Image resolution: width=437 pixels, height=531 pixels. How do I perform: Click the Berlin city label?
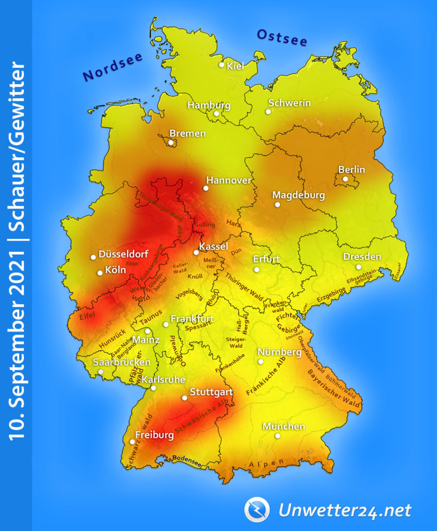pos(352,169)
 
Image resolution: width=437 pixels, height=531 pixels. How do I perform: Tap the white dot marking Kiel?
pos(222,65)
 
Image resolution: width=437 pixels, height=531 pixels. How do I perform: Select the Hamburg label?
pos(209,105)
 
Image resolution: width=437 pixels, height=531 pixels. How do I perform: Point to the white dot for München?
pos(278,436)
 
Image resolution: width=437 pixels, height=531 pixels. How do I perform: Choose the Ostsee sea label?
pos(282,38)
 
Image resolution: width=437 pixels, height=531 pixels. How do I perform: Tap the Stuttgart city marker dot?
pos(184,398)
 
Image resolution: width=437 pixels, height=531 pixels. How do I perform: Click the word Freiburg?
pos(154,435)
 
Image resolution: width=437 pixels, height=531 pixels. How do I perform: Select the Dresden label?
pos(362,257)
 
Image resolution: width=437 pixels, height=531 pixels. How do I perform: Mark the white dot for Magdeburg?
pos(278,205)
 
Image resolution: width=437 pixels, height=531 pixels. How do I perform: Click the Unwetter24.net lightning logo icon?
pos(257,509)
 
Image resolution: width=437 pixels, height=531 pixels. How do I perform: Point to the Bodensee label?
pos(187,459)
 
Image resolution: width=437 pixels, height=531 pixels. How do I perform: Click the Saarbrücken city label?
pos(122,362)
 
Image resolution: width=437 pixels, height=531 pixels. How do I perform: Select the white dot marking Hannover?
pos(206,188)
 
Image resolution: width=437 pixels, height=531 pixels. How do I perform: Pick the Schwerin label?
pos(289,103)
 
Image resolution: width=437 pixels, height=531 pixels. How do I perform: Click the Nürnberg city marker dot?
pos(261,362)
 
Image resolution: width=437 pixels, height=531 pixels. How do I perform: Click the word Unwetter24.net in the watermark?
pos(345,511)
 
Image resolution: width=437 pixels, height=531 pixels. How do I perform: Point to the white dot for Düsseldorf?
pos(93,257)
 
